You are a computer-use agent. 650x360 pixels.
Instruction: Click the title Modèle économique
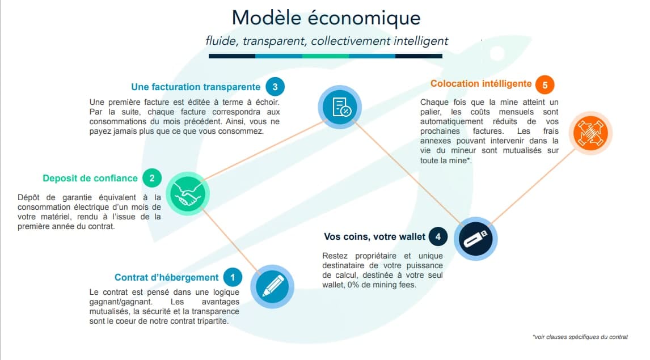(326, 18)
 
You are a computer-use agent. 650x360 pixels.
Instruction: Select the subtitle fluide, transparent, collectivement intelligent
(327, 41)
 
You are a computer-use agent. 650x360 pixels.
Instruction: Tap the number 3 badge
(275, 87)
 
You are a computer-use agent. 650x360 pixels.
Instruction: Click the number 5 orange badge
(545, 84)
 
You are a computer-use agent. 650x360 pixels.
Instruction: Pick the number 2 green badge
(152, 178)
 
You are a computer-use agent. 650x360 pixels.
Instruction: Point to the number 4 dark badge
(438, 236)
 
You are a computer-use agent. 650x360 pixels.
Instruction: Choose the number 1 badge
(232, 277)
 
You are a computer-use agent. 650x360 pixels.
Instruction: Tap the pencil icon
(272, 286)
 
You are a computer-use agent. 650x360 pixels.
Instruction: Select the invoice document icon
(339, 106)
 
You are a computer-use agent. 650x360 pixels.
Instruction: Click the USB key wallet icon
(475, 239)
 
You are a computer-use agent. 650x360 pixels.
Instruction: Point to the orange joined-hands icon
(590, 133)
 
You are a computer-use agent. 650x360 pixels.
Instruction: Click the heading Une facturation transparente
(196, 87)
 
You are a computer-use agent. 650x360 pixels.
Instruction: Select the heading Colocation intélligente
(481, 84)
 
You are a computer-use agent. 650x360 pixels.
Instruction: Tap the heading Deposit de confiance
(90, 178)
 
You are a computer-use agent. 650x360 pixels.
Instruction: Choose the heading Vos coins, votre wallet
(374, 236)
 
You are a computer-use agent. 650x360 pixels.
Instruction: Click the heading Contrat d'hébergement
(166, 277)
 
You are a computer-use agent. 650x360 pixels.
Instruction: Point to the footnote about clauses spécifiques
(580, 337)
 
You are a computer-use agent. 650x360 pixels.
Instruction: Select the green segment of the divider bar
(325, 56)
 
